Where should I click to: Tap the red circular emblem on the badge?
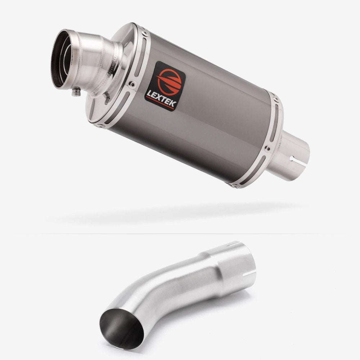tap(169, 82)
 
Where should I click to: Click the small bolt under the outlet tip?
tap(76, 92)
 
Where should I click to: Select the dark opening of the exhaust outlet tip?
tap(60, 59)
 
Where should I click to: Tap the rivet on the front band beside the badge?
tap(132, 84)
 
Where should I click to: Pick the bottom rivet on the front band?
tap(100, 126)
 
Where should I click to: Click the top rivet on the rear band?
tap(276, 99)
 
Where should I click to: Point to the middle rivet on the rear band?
tap(268, 149)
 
